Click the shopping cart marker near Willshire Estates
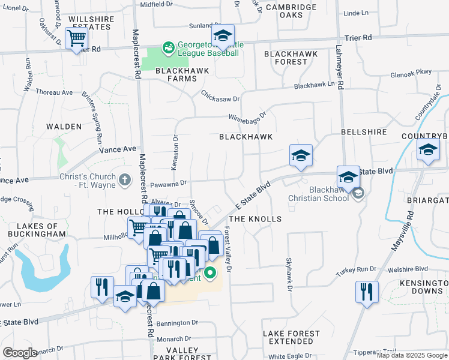[77, 39]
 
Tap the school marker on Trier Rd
[223, 36]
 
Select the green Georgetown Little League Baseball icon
[169, 47]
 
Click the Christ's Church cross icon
[124, 179]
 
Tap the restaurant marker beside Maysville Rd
[367, 292]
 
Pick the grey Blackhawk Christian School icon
[358, 193]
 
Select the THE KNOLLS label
[255, 219]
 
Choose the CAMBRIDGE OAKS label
[291, 11]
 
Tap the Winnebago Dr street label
[247, 116]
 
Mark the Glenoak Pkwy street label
[411, 72]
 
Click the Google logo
[20, 353]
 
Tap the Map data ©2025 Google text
[412, 355]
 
